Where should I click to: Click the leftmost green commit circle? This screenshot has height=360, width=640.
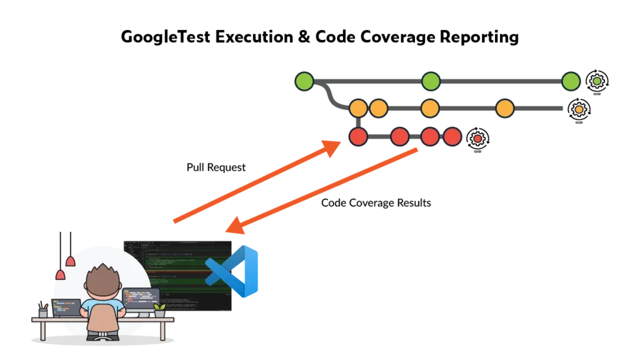tap(304, 81)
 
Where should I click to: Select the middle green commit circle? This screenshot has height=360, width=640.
tap(431, 81)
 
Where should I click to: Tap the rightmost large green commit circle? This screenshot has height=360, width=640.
tap(571, 81)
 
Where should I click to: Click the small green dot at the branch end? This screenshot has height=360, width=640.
tap(597, 81)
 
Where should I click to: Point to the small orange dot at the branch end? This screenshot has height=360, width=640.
tap(579, 109)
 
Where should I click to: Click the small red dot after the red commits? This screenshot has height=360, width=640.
tap(477, 139)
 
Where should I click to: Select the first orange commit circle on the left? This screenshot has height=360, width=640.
tap(358, 108)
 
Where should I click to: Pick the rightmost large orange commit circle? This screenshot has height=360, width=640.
tap(505, 108)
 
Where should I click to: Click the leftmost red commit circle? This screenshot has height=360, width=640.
tap(358, 136)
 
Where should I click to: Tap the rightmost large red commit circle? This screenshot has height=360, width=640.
tap(452, 136)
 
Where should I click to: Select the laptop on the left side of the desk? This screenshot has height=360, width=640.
tap(66, 307)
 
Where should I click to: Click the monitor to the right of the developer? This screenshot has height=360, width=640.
tap(141, 299)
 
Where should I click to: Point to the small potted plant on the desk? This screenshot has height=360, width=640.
tap(159, 310)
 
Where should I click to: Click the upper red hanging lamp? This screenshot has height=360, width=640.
tap(70, 261)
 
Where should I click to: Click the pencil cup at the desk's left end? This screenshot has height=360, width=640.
tap(43, 312)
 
